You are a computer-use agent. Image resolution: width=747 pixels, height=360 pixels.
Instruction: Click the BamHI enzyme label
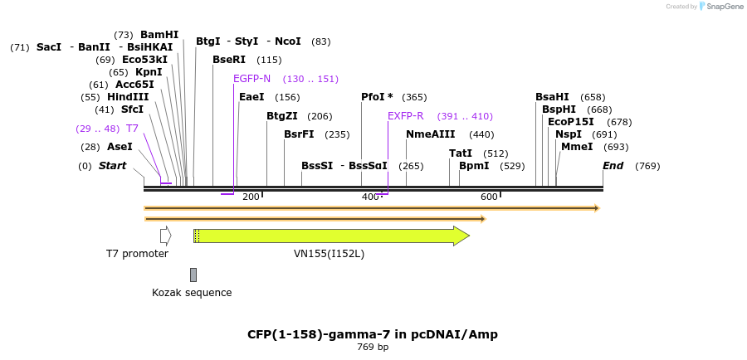pyautogui.click(x=159, y=35)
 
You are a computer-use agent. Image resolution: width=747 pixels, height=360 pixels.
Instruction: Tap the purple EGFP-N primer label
pyautogui.click(x=251, y=79)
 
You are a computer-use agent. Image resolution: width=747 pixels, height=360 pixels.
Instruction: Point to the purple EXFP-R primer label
pyautogui.click(x=405, y=116)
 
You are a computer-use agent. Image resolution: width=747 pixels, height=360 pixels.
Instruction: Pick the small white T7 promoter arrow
pyautogui.click(x=165, y=236)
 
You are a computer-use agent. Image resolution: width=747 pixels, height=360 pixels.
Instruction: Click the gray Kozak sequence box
pyautogui.click(x=193, y=275)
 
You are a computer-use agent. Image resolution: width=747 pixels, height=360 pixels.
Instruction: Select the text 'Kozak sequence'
pyautogui.click(x=192, y=293)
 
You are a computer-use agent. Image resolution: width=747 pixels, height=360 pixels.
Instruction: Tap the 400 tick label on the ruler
pyautogui.click(x=369, y=197)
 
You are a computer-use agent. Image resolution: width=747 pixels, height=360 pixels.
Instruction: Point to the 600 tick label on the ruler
pyautogui.click(x=489, y=197)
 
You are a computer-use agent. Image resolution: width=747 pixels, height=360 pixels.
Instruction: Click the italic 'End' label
pyautogui.click(x=613, y=166)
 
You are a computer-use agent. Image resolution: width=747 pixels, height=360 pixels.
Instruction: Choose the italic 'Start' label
pyautogui.click(x=112, y=166)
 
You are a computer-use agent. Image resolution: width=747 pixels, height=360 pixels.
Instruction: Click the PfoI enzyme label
pyautogui.click(x=377, y=97)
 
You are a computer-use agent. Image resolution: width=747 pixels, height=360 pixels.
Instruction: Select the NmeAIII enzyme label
pyautogui.click(x=430, y=134)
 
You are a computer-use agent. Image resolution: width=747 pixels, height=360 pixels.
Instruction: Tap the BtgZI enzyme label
pyautogui.click(x=281, y=116)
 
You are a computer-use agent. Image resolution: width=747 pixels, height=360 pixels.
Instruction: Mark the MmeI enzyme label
pyautogui.click(x=577, y=147)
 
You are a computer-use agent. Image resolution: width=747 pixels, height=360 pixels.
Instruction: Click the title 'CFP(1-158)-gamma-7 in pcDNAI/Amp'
pyautogui.click(x=373, y=334)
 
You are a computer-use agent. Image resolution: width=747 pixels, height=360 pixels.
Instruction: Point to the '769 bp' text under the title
pyautogui.click(x=373, y=347)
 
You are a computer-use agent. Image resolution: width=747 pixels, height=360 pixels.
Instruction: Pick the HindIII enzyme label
pyautogui.click(x=127, y=97)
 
